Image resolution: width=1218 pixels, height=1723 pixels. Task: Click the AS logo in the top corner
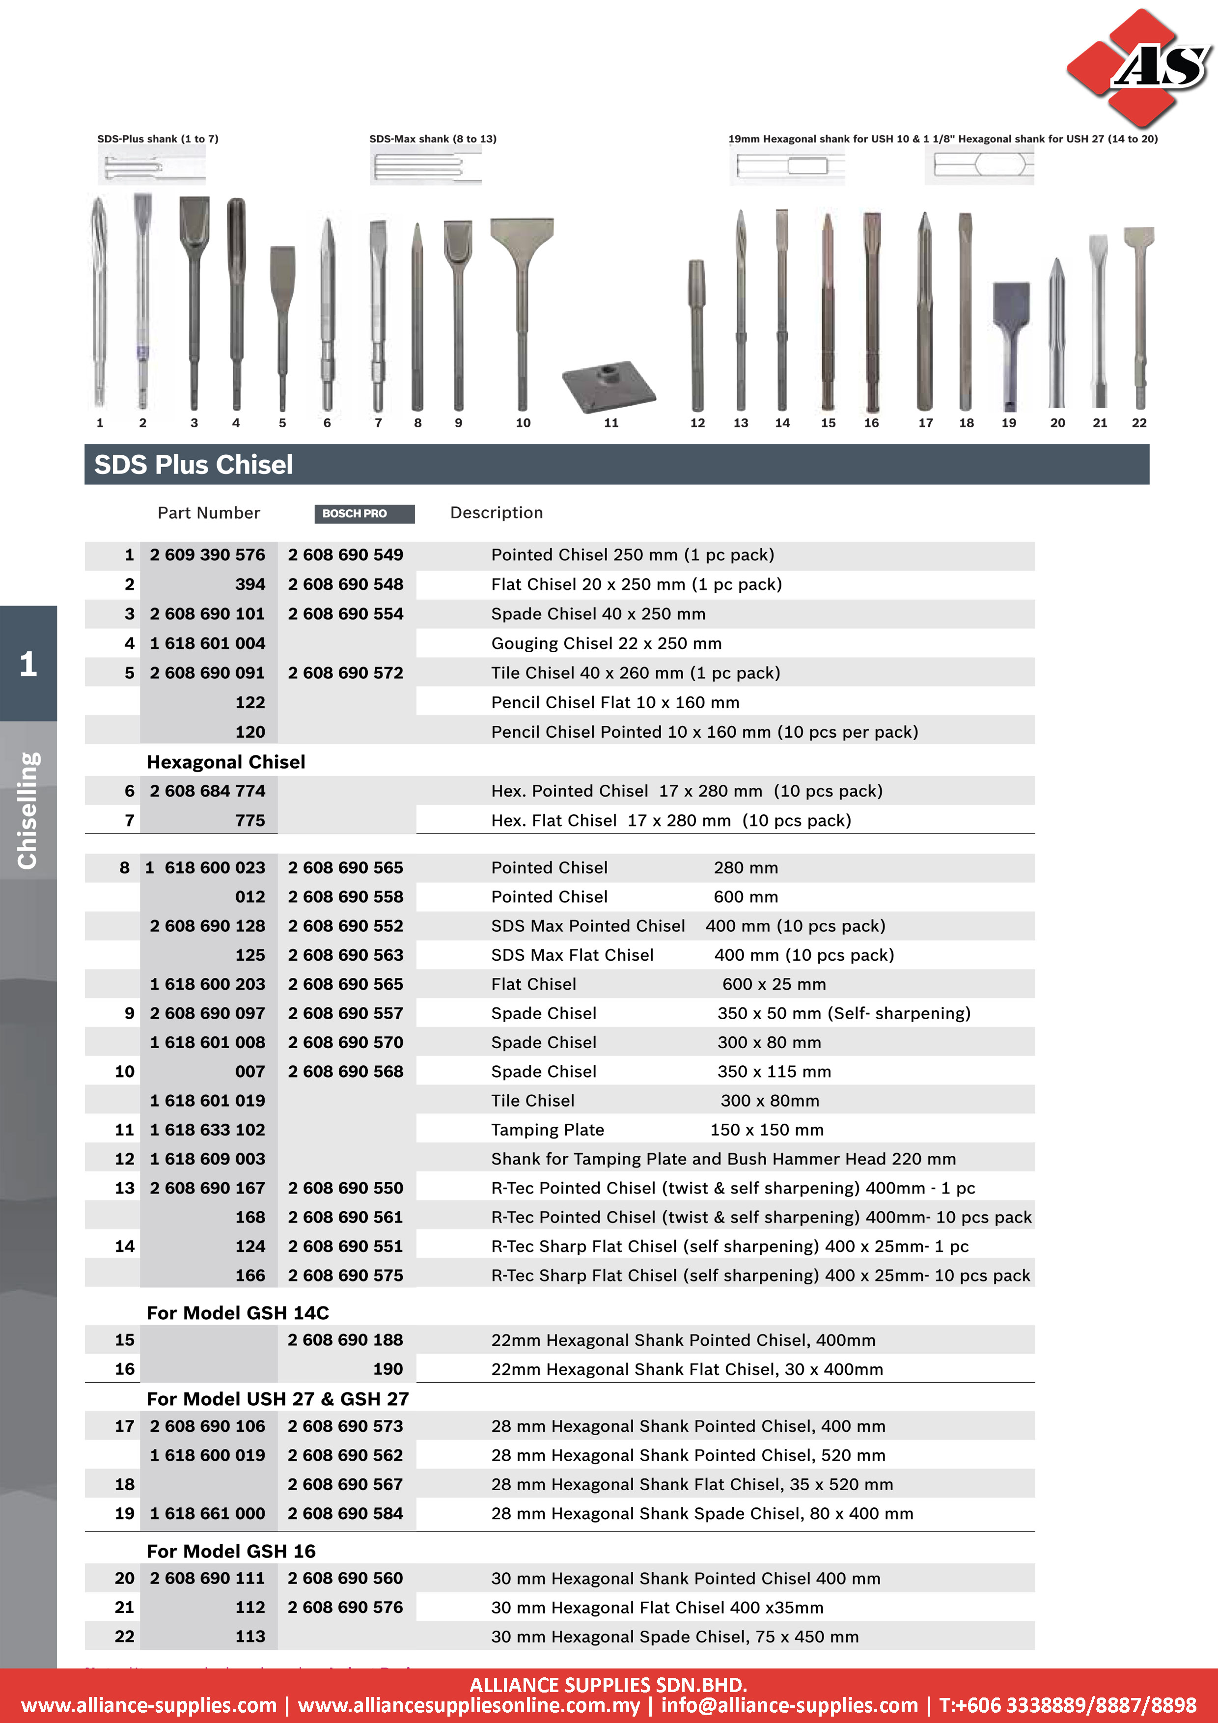tap(1137, 68)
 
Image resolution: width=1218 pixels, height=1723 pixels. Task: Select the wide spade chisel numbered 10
tap(523, 300)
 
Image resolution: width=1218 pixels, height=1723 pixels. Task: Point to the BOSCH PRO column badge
tap(364, 513)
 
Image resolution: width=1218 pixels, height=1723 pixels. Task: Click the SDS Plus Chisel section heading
tap(193, 465)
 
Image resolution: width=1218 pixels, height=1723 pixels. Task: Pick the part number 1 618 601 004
tap(207, 643)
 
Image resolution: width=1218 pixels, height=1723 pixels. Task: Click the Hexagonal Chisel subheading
tap(226, 762)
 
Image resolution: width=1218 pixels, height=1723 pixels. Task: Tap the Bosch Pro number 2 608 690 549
tap(345, 555)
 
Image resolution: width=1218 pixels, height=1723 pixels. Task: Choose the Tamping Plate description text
tap(547, 1129)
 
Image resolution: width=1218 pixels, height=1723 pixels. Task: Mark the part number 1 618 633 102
tap(207, 1129)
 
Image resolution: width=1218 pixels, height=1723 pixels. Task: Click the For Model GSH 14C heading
tap(238, 1312)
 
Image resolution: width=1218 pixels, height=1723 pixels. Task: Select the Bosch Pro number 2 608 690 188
tap(345, 1339)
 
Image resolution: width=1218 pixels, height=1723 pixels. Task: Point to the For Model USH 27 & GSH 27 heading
tap(277, 1399)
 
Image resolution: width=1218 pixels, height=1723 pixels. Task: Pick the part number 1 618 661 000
tap(207, 1514)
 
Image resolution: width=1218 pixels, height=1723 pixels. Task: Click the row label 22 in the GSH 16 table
tap(125, 1636)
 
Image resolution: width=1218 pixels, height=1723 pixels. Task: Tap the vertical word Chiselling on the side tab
tap(28, 810)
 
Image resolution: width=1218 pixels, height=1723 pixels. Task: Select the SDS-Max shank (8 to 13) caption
tap(432, 139)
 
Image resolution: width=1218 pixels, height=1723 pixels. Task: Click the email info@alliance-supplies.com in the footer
tap(789, 1705)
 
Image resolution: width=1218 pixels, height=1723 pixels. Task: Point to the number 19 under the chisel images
tap(1009, 423)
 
